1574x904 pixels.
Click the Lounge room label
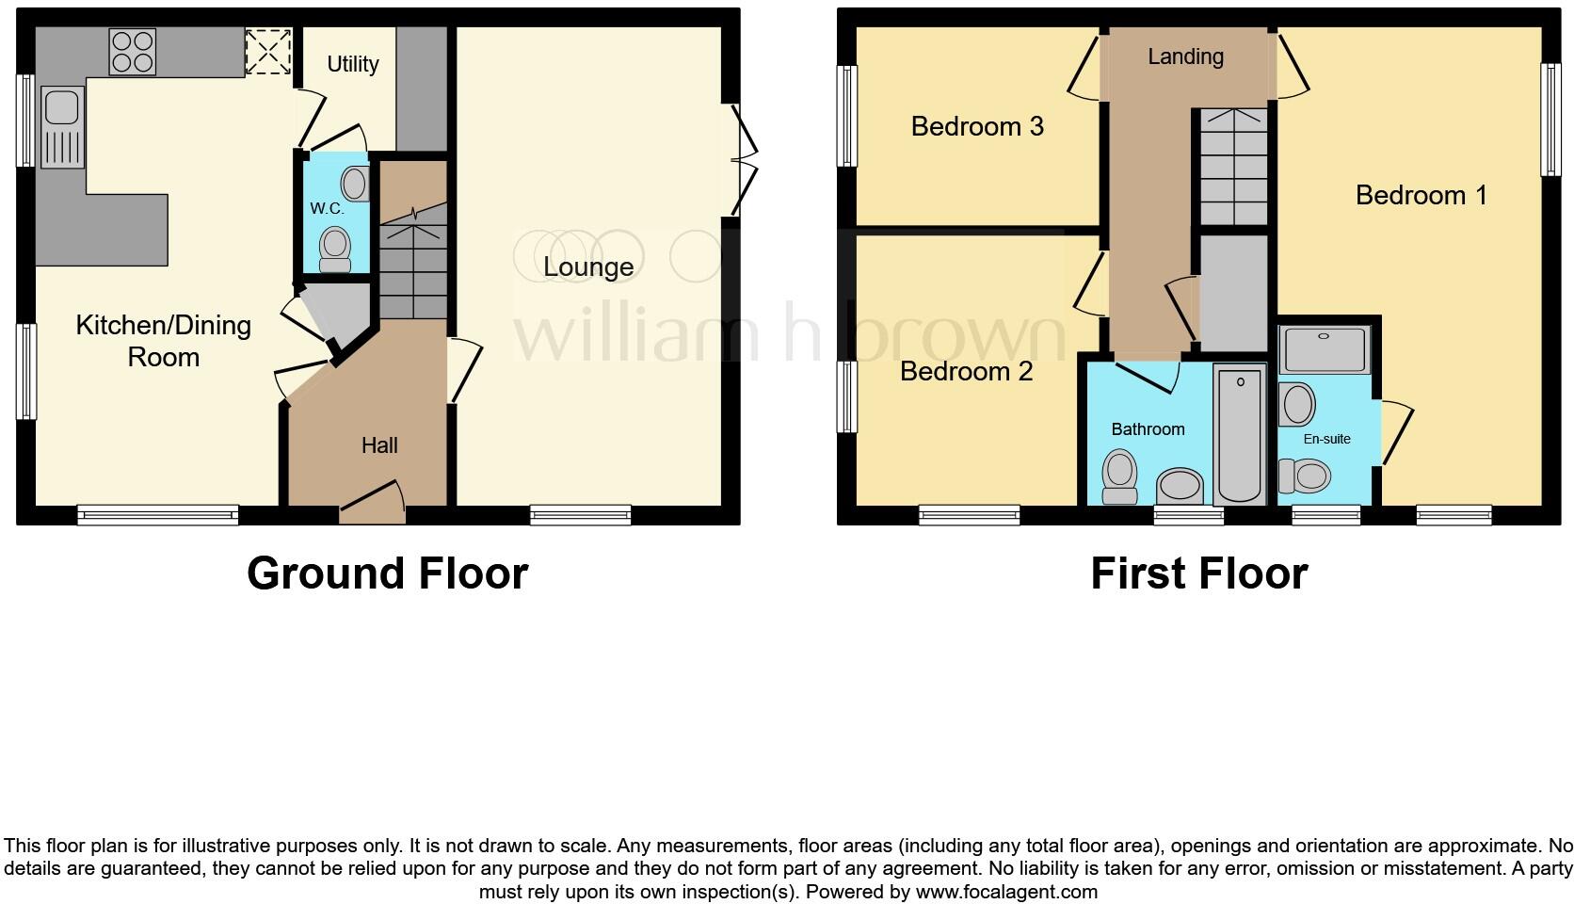tap(588, 266)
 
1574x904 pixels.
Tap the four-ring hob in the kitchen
tap(133, 52)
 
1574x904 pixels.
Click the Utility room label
tap(353, 64)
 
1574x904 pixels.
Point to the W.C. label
tap(328, 208)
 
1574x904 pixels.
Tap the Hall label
tap(379, 445)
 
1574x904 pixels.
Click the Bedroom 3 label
tap(977, 126)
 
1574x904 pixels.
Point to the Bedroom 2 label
tap(966, 371)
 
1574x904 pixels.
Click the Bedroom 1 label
tap(1421, 195)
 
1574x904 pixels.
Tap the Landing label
tap(1185, 56)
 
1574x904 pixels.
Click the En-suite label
tap(1326, 439)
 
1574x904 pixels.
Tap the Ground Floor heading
tap(387, 573)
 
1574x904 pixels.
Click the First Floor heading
tap(1198, 573)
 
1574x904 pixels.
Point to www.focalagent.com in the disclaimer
tap(1005, 891)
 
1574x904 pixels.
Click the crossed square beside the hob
tap(268, 52)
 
